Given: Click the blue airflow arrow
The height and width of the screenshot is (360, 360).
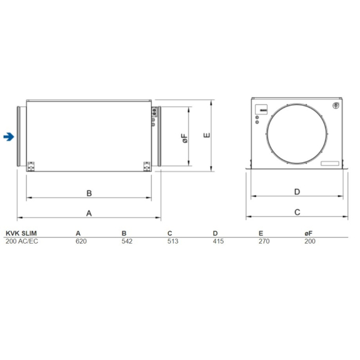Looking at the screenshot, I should (x=7, y=137).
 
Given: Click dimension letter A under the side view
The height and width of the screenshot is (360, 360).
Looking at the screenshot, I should (x=89, y=213).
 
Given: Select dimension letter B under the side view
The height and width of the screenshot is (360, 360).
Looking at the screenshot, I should (x=89, y=192).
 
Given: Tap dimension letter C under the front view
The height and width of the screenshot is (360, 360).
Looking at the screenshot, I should (x=297, y=212).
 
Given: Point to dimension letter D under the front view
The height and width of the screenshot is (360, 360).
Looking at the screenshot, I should (x=297, y=192).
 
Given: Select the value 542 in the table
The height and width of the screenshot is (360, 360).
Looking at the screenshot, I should (x=126, y=241).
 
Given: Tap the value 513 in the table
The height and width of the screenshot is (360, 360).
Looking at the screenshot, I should (x=172, y=241).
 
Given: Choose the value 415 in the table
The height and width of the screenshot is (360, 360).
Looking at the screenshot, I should (x=218, y=241).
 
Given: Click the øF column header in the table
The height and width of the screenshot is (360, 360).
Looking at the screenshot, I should (x=308, y=232).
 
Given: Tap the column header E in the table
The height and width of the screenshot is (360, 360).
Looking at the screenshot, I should (x=261, y=232).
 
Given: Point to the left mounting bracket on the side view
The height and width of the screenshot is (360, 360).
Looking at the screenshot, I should (x=31, y=166).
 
